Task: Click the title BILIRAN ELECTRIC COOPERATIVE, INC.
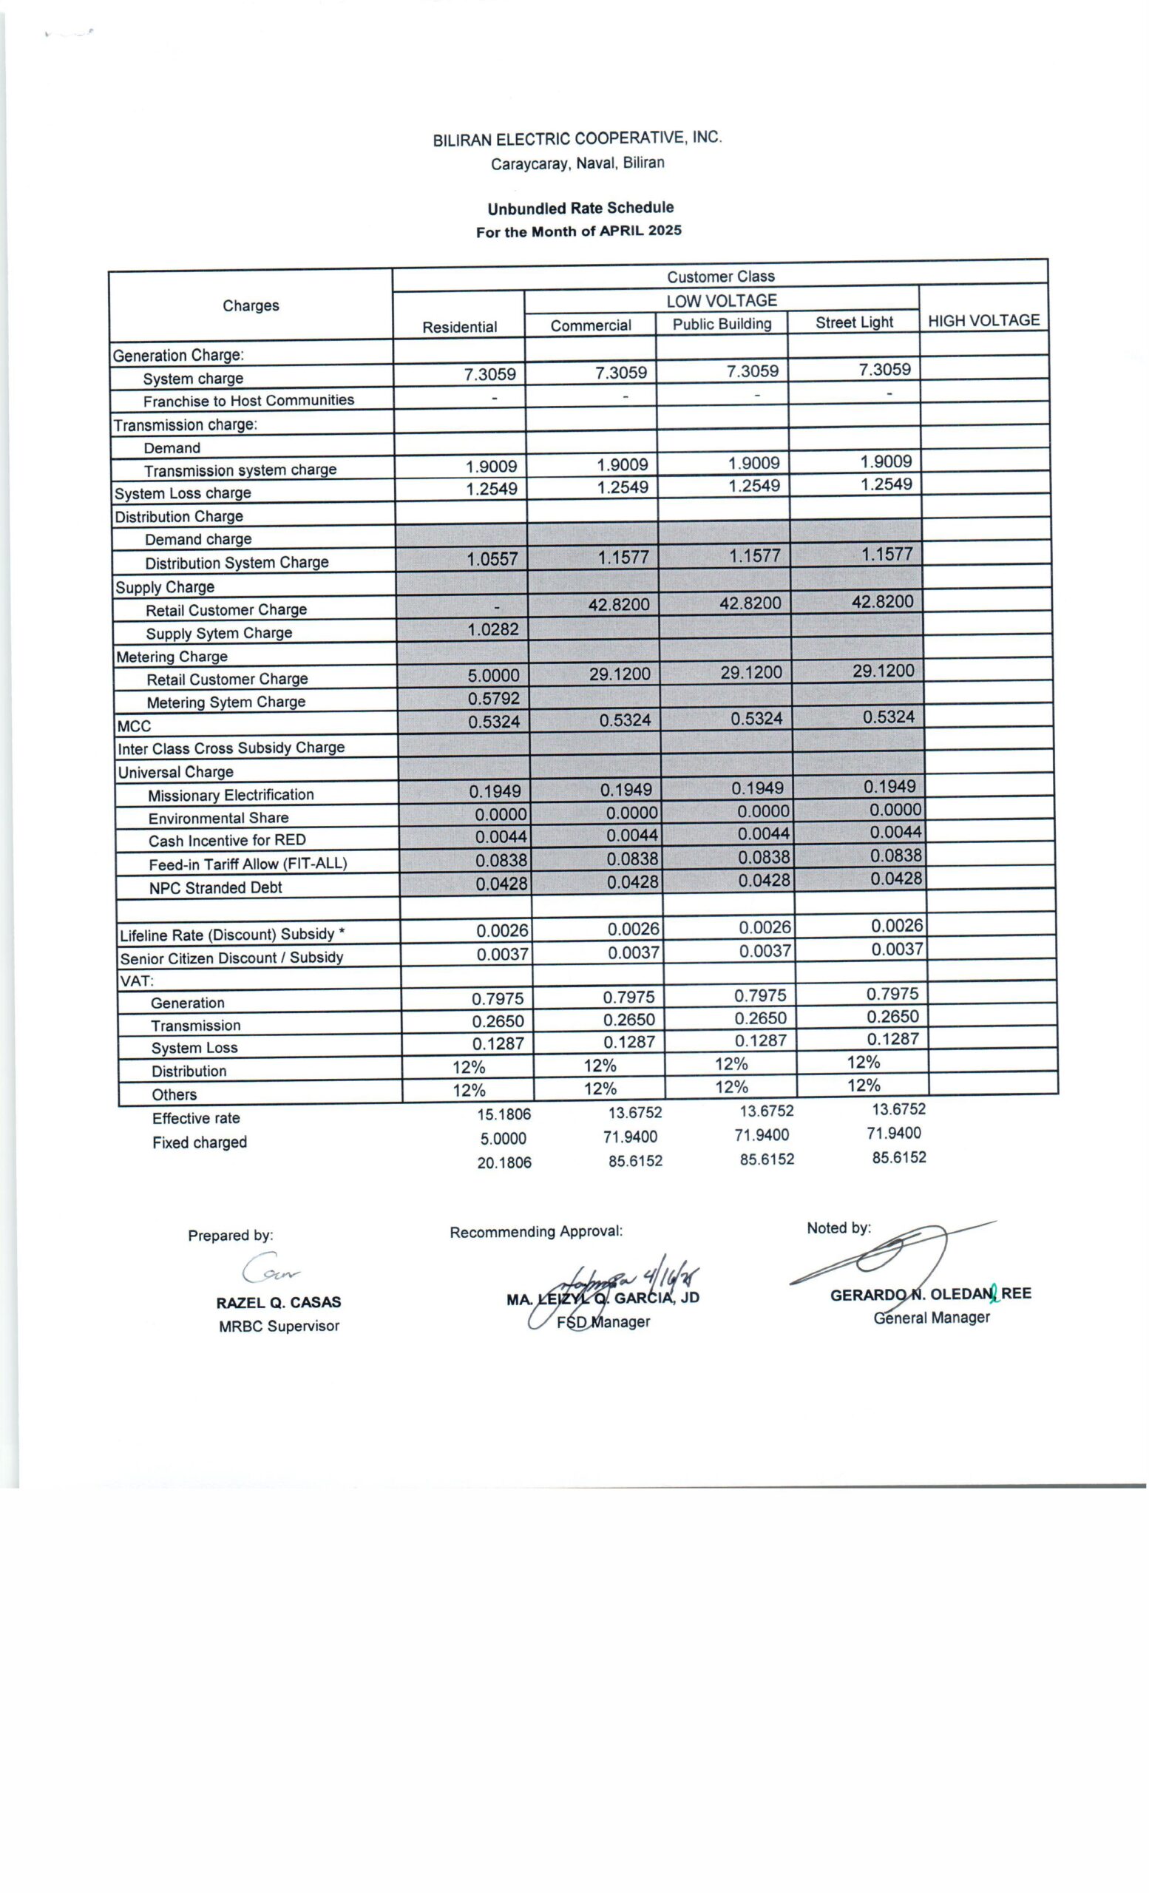tap(577, 139)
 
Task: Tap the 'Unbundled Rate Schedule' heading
tap(580, 209)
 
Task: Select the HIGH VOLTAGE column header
tap(983, 320)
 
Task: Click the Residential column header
tap(459, 328)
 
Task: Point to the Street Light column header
tap(854, 322)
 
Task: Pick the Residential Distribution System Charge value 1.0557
tap(492, 559)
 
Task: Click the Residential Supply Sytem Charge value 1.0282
tap(493, 629)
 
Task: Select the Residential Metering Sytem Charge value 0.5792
tap(494, 698)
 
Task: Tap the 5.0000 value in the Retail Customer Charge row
tap(493, 675)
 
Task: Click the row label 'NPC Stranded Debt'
tap(215, 888)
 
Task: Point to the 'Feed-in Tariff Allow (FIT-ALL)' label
tap(247, 864)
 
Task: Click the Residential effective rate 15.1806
tap(504, 1114)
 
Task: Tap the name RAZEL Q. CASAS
tap(278, 1302)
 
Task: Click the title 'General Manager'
tap(931, 1318)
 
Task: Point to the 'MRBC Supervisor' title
tap(278, 1326)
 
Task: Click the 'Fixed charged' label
tap(199, 1142)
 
